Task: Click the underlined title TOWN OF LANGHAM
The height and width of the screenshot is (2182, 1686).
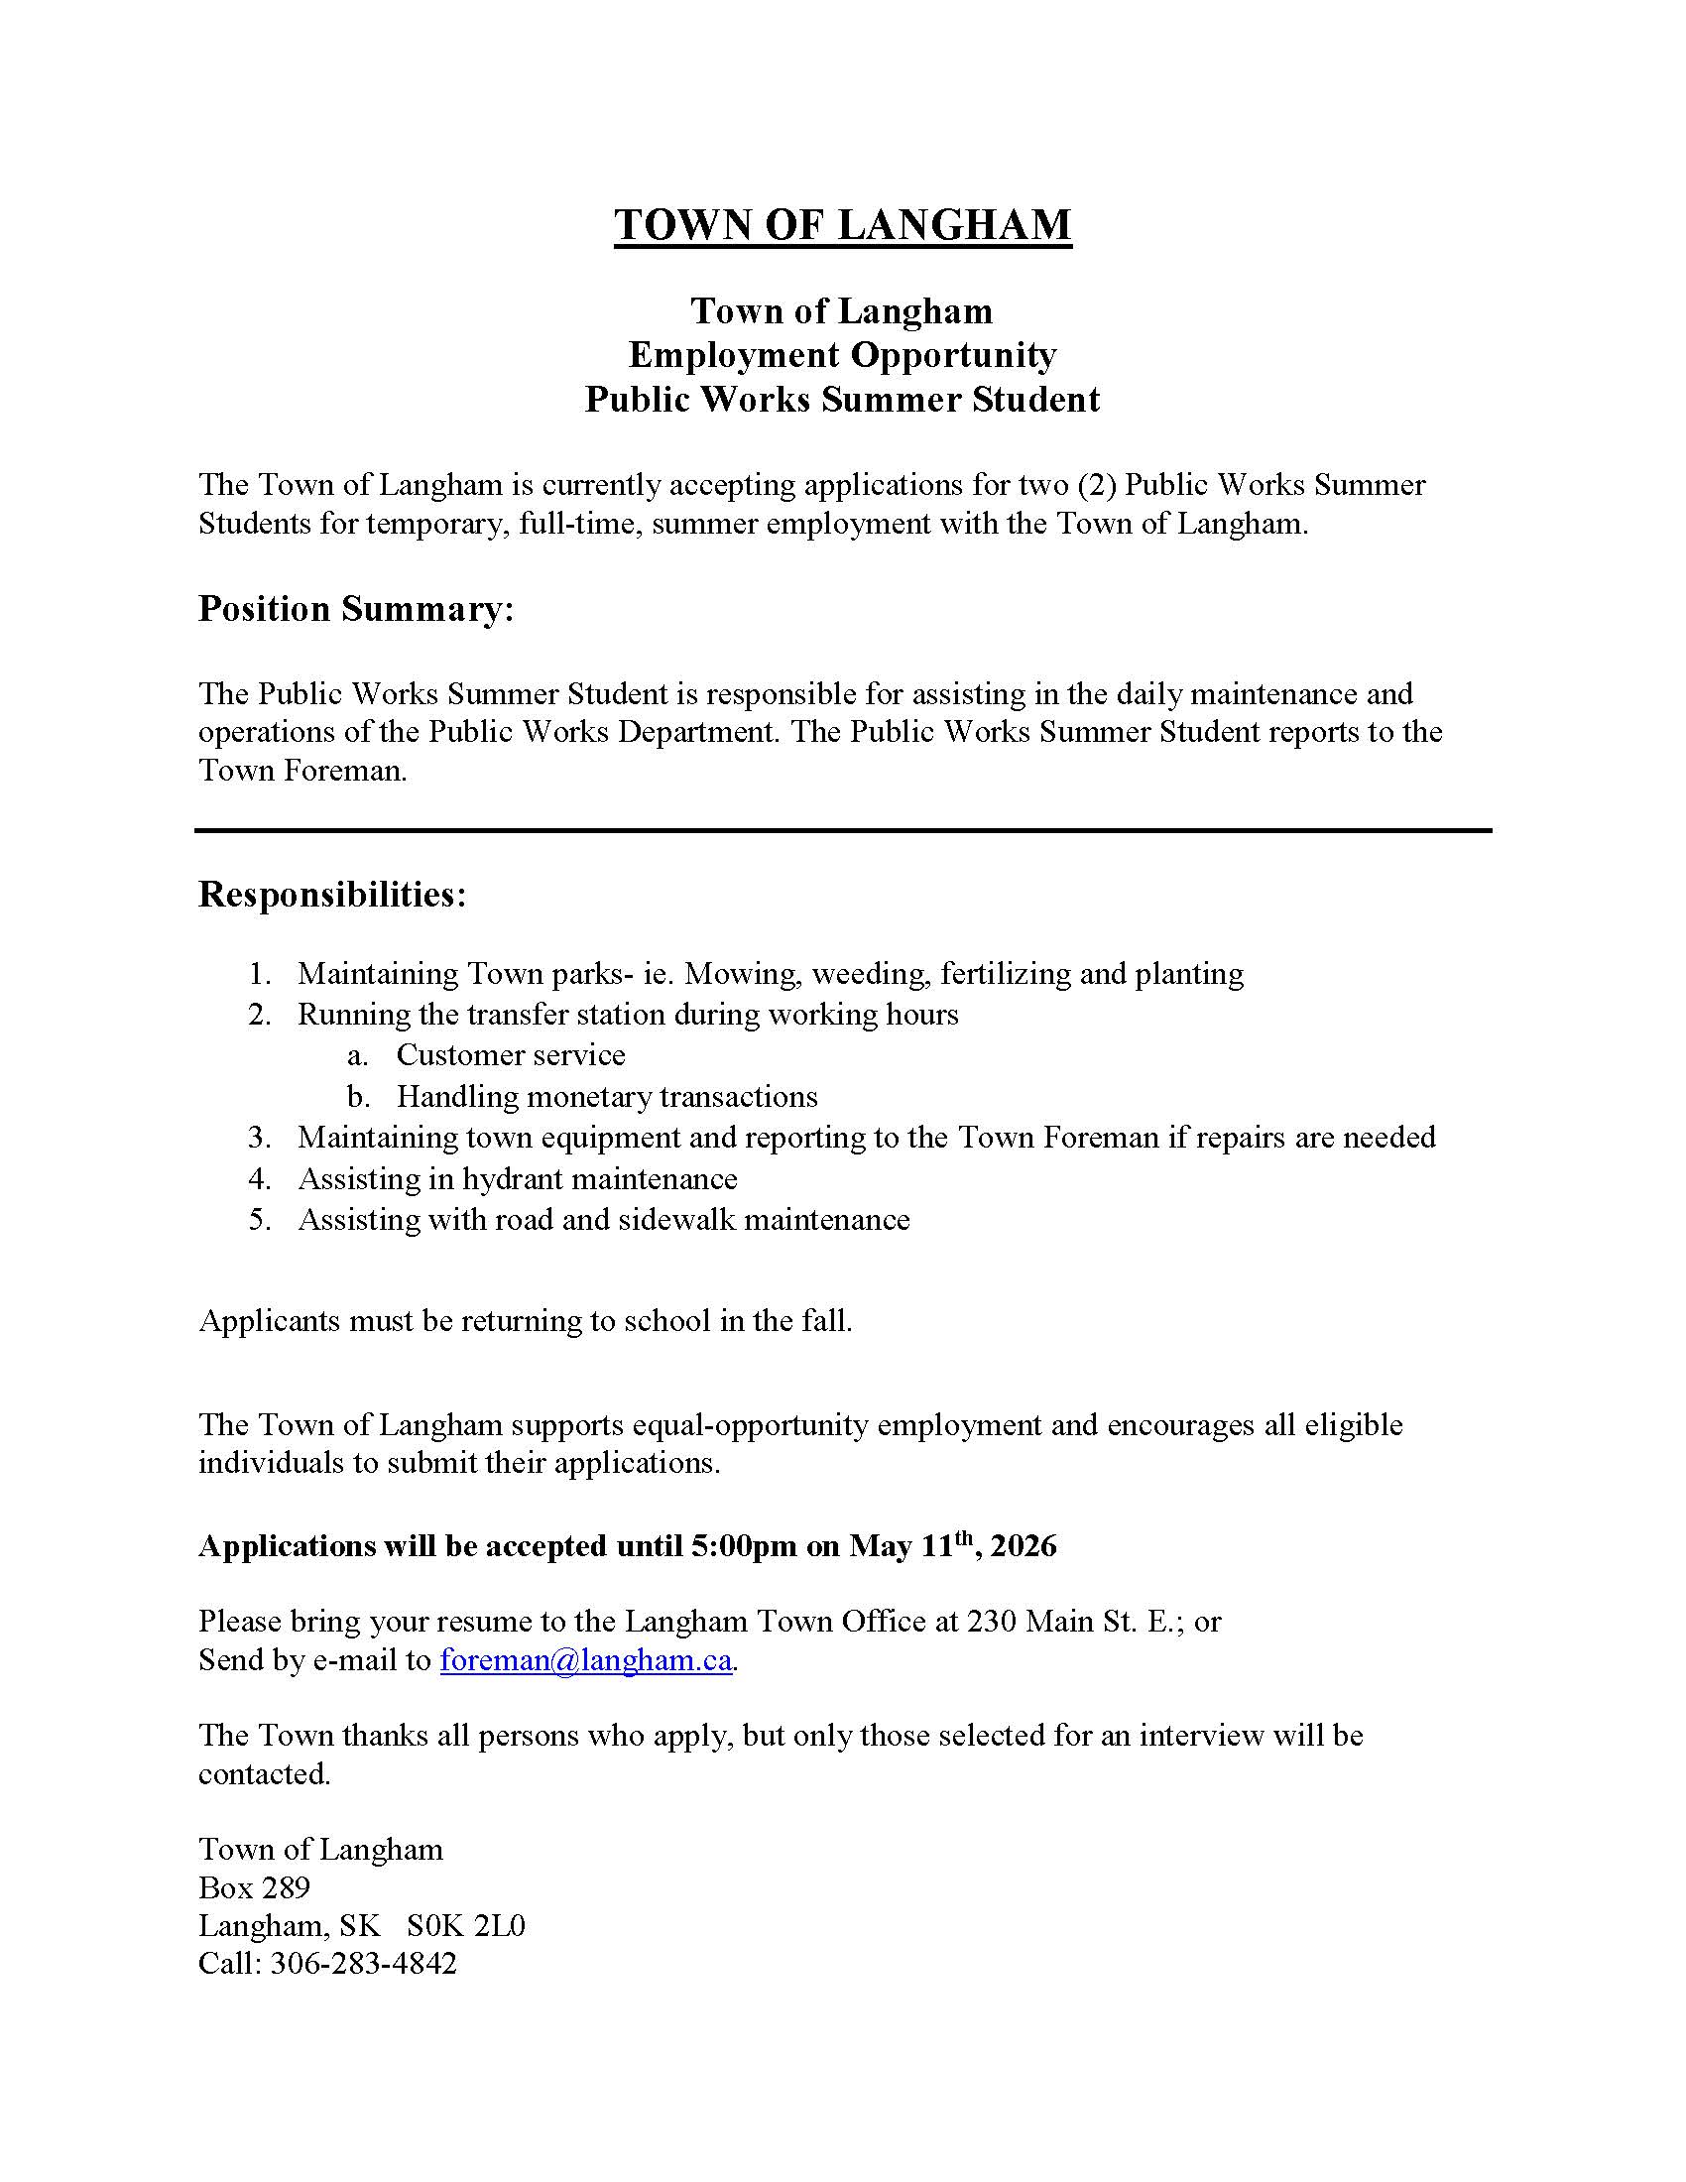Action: pos(842,225)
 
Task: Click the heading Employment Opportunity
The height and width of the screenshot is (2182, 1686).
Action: pos(842,355)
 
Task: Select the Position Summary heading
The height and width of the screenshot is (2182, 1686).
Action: pos(356,608)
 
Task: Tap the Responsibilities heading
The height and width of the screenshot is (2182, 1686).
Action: pos(331,895)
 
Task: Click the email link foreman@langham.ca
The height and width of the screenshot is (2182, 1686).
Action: pos(585,1659)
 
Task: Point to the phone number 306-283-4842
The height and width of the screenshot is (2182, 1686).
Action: pos(364,1963)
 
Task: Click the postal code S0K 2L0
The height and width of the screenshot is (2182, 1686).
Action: pos(465,1925)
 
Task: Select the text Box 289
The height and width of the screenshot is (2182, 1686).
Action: pos(254,1887)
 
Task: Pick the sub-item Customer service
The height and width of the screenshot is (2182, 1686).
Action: pos(511,1055)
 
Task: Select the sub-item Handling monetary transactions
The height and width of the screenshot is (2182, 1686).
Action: pos(606,1097)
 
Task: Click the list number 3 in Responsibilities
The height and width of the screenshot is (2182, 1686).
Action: pos(259,1138)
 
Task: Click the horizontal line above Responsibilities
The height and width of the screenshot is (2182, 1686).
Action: pos(842,830)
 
